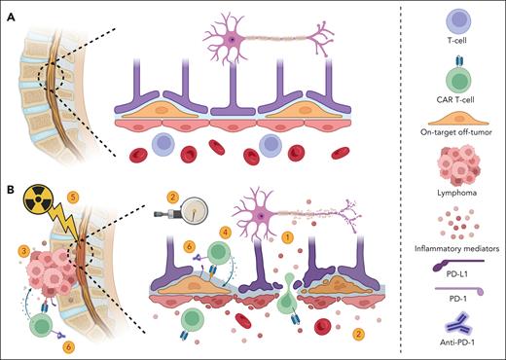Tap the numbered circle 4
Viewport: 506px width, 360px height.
pos(226,234)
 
